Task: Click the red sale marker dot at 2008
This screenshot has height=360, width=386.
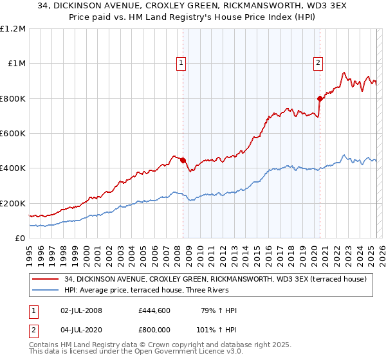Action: [183, 160]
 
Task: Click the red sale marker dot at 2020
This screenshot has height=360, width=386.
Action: [320, 98]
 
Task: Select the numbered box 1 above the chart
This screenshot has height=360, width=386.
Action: [181, 62]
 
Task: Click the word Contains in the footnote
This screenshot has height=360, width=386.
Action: [45, 345]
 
